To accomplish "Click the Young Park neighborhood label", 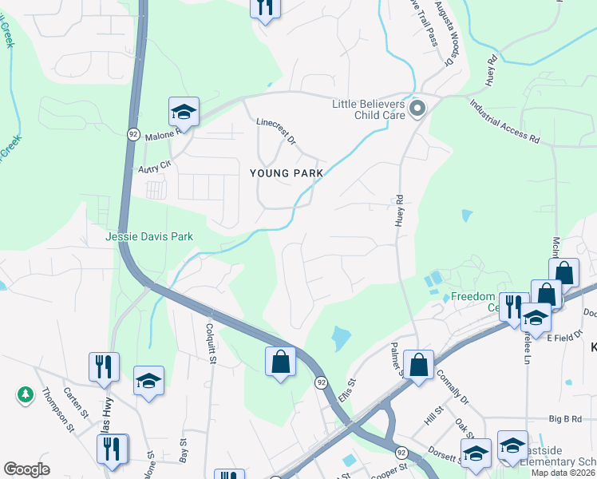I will point(287,172).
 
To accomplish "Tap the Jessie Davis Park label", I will point(149,237).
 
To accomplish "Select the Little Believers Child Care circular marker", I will point(416,108).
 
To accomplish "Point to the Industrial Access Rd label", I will point(505,121).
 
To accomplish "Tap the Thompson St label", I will point(57,410).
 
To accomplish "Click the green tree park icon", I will point(26,394).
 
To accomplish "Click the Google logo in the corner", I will point(26,469).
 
